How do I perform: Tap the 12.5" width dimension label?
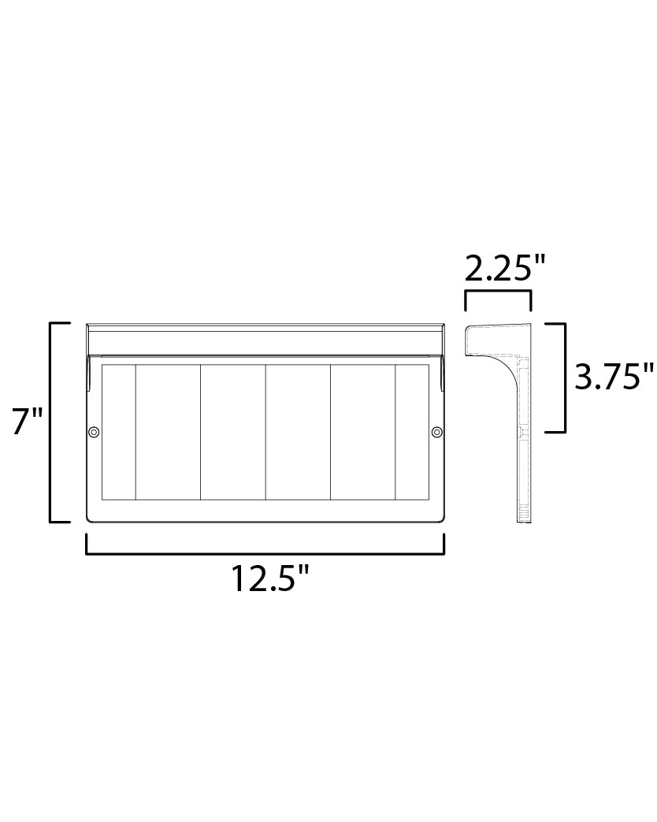(x=268, y=579)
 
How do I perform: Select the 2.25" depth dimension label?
(x=505, y=270)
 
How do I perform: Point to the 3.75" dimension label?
(x=614, y=377)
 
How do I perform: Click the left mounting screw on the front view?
(x=94, y=432)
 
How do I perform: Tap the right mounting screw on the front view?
(x=436, y=432)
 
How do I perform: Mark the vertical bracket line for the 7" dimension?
(x=51, y=422)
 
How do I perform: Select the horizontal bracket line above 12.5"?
(x=265, y=553)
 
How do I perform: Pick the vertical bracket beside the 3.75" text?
(x=565, y=377)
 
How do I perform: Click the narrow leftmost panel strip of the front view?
(x=119, y=432)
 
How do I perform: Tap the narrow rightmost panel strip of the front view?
(x=411, y=432)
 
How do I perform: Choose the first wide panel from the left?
(x=168, y=432)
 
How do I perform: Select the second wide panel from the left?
(x=232, y=432)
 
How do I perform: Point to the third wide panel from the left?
(x=298, y=432)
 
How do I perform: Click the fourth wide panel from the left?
(x=362, y=432)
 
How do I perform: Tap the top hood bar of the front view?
(x=265, y=340)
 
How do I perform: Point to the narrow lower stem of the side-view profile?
(x=524, y=473)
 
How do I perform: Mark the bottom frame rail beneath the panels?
(x=265, y=511)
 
